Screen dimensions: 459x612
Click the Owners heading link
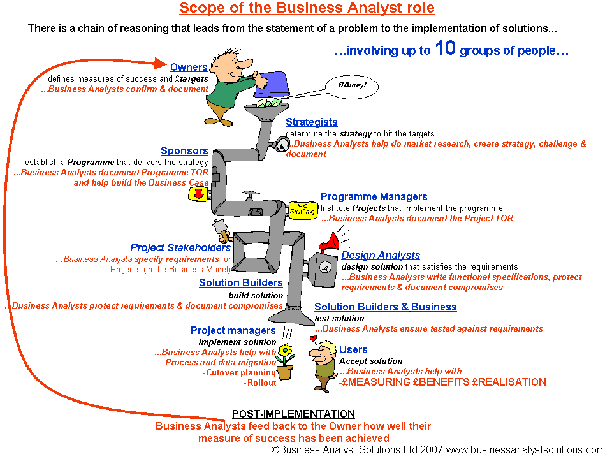click(x=189, y=68)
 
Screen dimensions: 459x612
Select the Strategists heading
click(x=311, y=122)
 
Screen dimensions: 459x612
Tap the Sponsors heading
click(x=184, y=151)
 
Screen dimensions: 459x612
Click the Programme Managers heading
click(x=374, y=197)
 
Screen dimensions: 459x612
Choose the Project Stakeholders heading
click(x=180, y=247)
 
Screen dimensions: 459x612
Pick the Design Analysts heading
click(x=381, y=255)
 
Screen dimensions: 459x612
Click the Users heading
click(x=353, y=349)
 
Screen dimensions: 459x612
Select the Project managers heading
click(x=233, y=330)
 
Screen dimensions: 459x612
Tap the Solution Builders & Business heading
click(x=385, y=307)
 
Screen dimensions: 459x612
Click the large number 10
click(x=445, y=48)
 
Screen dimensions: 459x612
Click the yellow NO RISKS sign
click(x=302, y=208)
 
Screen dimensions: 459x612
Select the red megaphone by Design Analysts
click(x=330, y=242)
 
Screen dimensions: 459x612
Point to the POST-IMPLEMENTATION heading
click(x=293, y=414)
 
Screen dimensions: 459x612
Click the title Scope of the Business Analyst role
click(x=307, y=8)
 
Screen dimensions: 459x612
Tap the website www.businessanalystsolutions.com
click(x=525, y=449)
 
